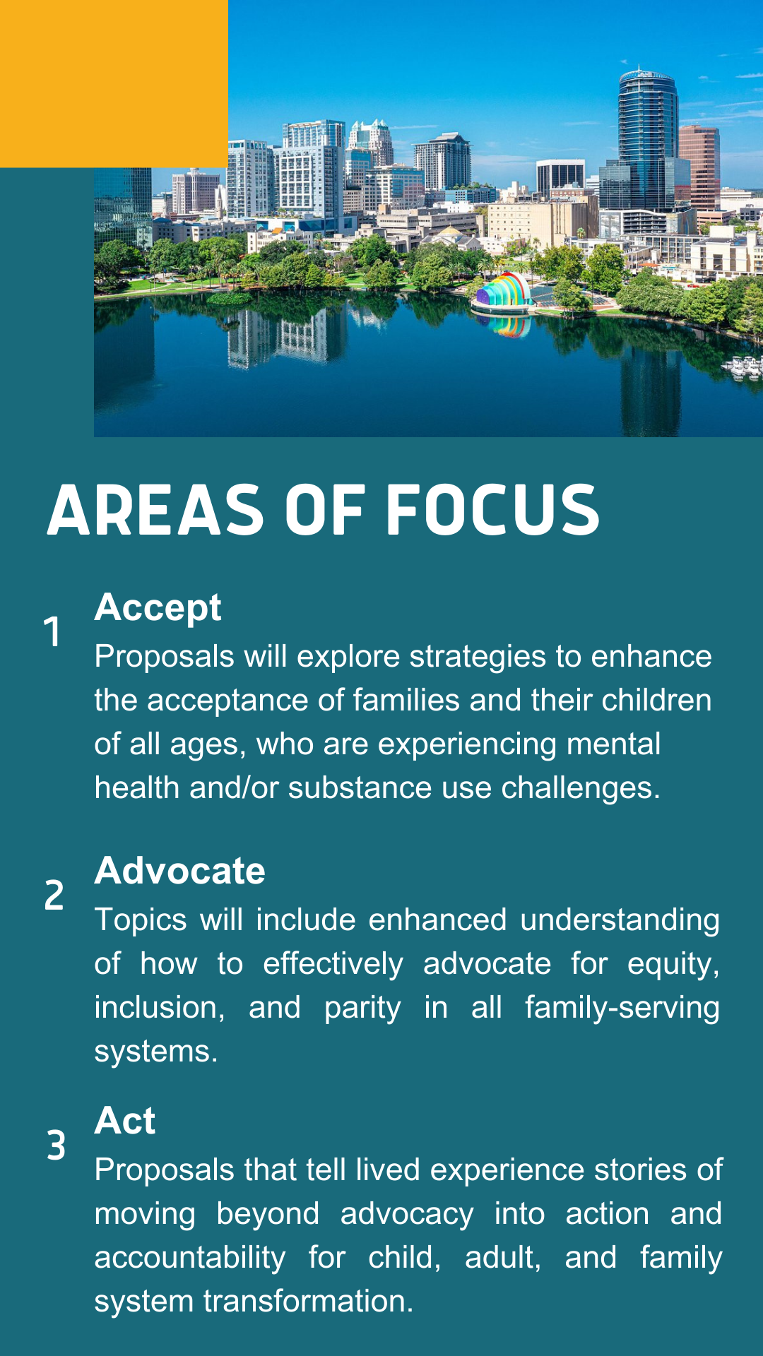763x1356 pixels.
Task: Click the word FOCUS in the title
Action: point(492,510)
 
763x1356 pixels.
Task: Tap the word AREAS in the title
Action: point(155,510)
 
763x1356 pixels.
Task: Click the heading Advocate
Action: point(180,870)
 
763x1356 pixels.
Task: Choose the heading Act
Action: point(125,1121)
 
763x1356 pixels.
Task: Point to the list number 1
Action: point(52,631)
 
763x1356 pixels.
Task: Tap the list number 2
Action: point(54,895)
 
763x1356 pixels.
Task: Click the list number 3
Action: point(56,1145)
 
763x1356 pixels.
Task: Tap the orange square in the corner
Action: point(114,83)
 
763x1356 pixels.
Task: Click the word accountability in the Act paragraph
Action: point(190,1258)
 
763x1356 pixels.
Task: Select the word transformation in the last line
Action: point(309,1301)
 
